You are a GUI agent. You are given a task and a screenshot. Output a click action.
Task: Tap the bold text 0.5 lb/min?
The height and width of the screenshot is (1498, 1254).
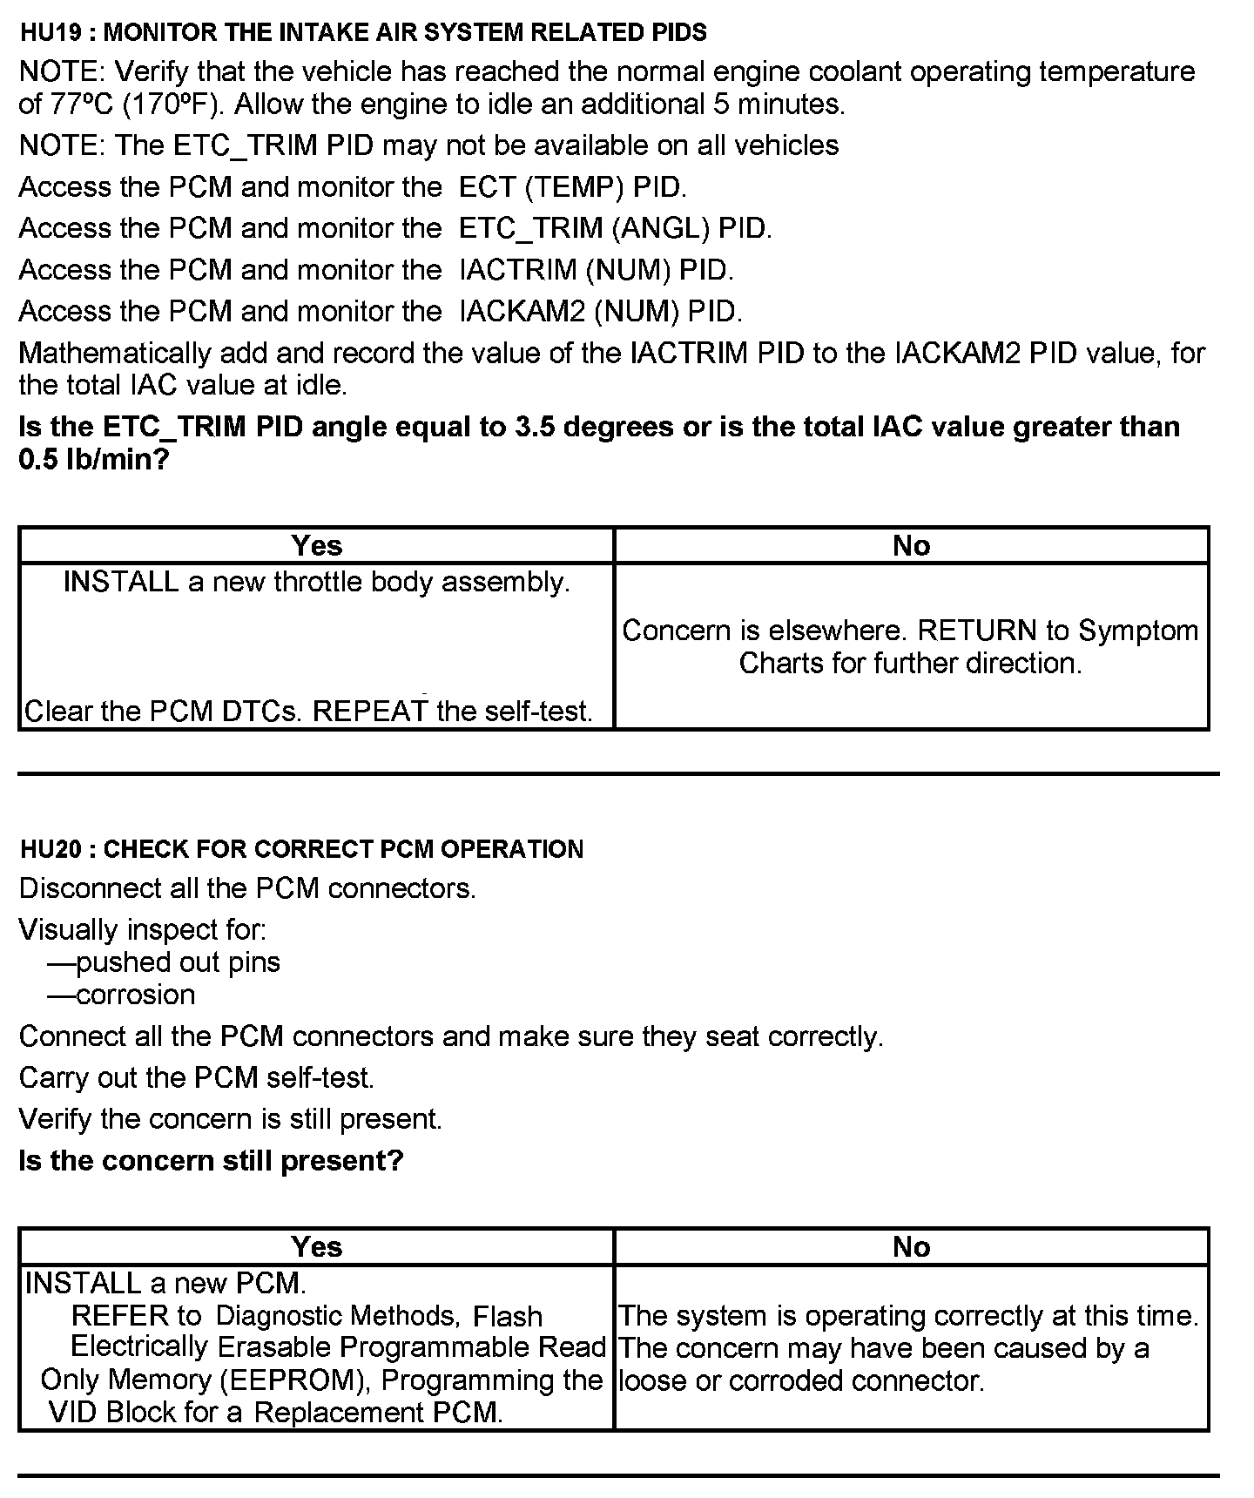pyautogui.click(x=93, y=459)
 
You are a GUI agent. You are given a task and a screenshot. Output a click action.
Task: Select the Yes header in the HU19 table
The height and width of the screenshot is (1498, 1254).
pyautogui.click(x=317, y=545)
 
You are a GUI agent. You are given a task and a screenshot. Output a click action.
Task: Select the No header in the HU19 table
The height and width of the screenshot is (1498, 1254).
pyautogui.click(x=911, y=545)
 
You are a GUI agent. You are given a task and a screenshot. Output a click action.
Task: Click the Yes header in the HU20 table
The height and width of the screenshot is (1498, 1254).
pyautogui.click(x=317, y=1246)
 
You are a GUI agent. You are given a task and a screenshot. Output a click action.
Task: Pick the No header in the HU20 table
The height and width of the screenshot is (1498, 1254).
pyautogui.click(x=911, y=1246)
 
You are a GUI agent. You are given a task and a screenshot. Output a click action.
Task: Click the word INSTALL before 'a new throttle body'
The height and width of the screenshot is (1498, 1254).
pyautogui.click(x=121, y=582)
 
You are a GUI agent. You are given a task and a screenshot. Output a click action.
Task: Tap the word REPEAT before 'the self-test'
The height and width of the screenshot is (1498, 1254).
pyautogui.click(x=370, y=712)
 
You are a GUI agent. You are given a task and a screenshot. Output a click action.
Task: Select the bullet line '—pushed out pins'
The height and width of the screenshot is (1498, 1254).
pyautogui.click(x=163, y=962)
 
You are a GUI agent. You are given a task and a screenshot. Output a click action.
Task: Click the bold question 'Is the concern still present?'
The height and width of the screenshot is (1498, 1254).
pyautogui.click(x=212, y=1161)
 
